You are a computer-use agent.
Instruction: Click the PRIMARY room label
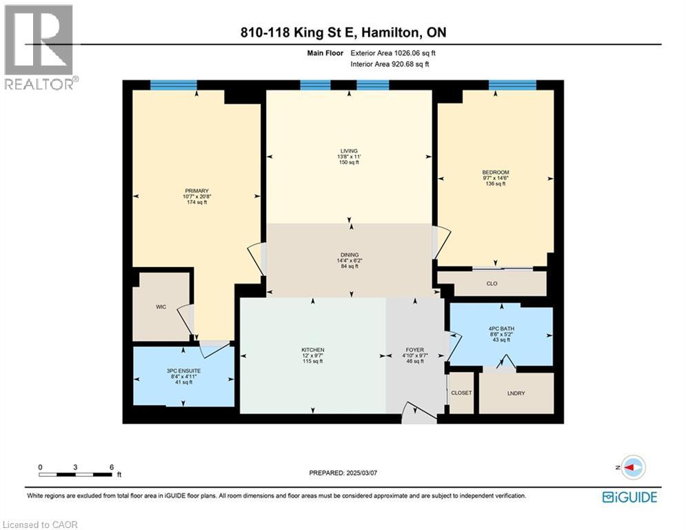pos(196,191)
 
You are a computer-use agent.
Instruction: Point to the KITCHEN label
pos(312,350)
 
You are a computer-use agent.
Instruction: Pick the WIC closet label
pos(161,306)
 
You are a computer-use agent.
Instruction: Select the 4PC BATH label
pos(501,327)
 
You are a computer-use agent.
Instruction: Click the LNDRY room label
pos(516,393)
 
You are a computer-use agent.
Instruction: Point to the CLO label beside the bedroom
pos(492,284)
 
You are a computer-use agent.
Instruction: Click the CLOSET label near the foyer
pos(461,393)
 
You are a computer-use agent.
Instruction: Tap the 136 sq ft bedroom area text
pos(495,184)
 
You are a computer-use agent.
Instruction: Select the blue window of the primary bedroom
pos(173,85)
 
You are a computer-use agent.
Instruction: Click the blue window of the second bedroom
pos(512,85)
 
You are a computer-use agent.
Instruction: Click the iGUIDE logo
pos(629,497)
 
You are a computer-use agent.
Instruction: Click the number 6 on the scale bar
pos(112,467)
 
